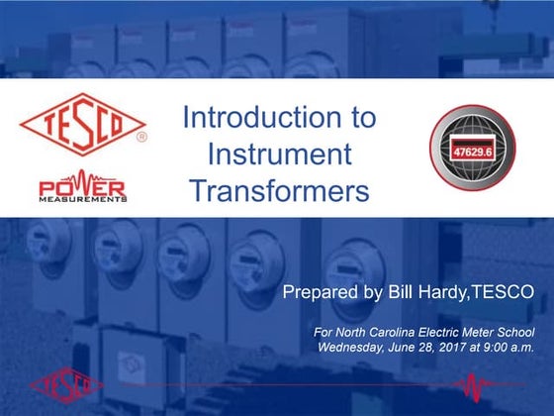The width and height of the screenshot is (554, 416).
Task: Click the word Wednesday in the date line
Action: (353, 347)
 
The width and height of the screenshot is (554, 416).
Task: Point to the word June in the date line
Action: (409, 347)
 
